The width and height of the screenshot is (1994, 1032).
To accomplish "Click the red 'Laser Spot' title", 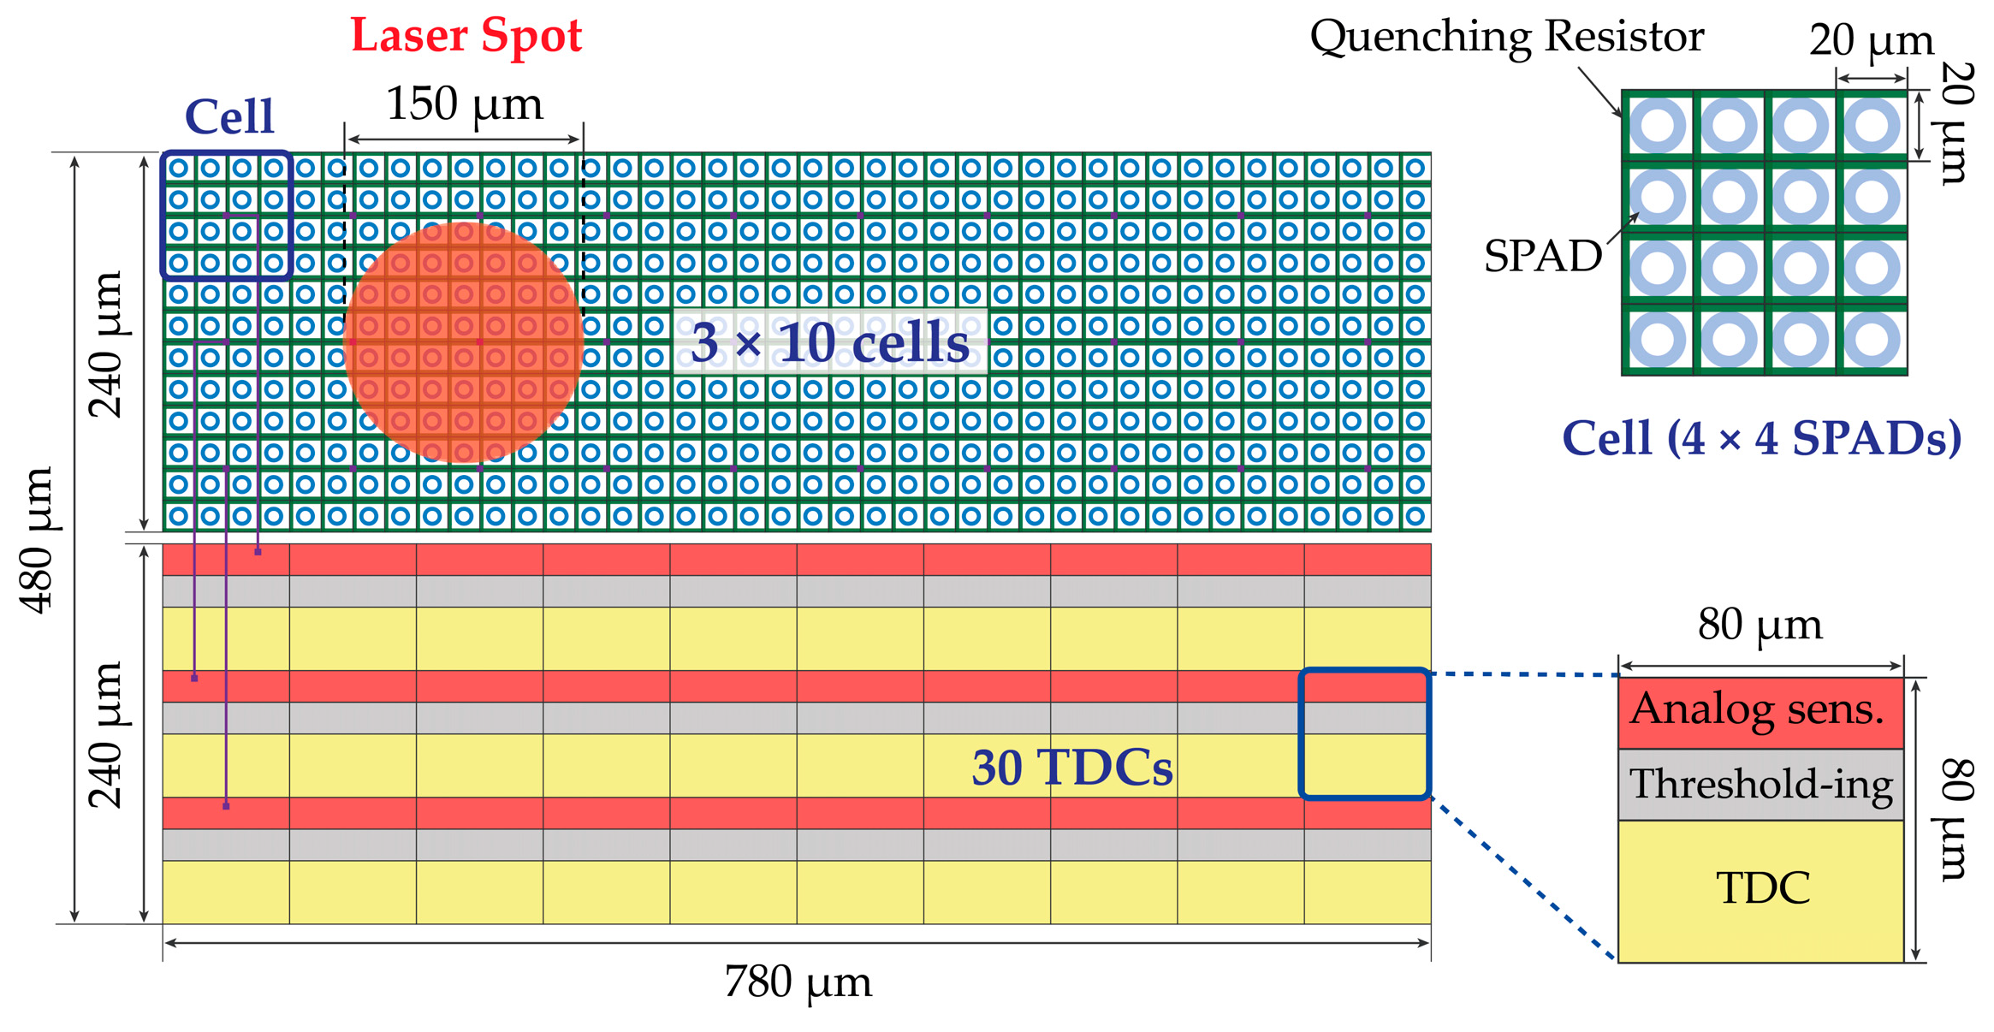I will pyautogui.click(x=466, y=36).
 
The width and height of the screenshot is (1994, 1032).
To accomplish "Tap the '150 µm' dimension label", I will pyautogui.click(x=464, y=104).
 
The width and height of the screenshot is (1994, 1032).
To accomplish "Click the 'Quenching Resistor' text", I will pyautogui.click(x=1506, y=37).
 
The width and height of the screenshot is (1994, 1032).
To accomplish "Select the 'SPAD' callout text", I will pyautogui.click(x=1542, y=256).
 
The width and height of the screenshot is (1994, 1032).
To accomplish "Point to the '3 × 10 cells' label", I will pyautogui.click(x=829, y=342).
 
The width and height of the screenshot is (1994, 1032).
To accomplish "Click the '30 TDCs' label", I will pyautogui.click(x=1071, y=768).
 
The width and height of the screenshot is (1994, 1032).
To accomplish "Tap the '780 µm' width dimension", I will pyautogui.click(x=798, y=982).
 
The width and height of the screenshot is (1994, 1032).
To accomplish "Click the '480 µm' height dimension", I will pyautogui.click(x=37, y=540).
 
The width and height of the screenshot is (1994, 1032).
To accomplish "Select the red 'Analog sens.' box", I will pyautogui.click(x=1760, y=712).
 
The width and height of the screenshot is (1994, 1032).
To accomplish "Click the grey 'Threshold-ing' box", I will pyautogui.click(x=1760, y=785).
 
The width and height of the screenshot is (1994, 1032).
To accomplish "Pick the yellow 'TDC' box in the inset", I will pyautogui.click(x=1761, y=890).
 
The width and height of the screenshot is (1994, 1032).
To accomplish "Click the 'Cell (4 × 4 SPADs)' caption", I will pyautogui.click(x=1761, y=438).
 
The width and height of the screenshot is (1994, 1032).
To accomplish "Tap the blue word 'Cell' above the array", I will pyautogui.click(x=229, y=116).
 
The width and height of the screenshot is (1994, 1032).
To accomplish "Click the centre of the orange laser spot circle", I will pyautogui.click(x=464, y=342).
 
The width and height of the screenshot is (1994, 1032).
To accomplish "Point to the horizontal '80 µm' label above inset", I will pyautogui.click(x=1760, y=625).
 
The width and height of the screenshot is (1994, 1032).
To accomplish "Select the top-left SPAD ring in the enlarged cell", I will pyautogui.click(x=1658, y=126).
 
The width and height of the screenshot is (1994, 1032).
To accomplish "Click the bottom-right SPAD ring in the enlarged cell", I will pyautogui.click(x=1872, y=340).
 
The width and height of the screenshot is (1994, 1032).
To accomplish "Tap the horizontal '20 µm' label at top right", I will pyautogui.click(x=1871, y=40).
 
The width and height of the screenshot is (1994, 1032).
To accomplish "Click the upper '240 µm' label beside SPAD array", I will pyautogui.click(x=106, y=344).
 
